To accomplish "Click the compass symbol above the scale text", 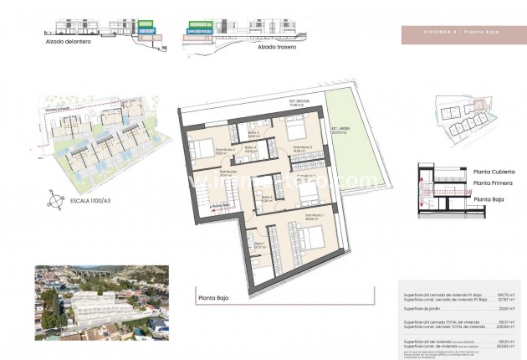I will (55, 199).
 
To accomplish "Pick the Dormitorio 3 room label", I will (302, 149).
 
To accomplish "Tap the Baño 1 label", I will (260, 246).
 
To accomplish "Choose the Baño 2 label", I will (267, 201).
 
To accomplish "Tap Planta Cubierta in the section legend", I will (493, 171).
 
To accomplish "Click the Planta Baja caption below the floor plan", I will (213, 296).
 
